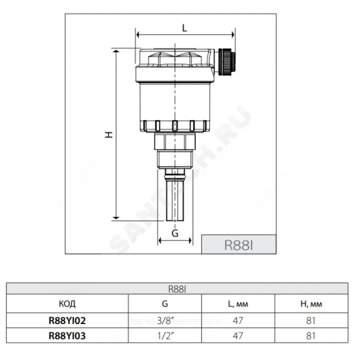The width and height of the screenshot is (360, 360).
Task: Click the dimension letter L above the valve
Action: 185,28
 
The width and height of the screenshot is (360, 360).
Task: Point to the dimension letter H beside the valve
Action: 109,134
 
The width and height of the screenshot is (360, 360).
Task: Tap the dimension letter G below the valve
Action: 175,233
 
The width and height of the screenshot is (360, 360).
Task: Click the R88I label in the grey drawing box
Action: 238,245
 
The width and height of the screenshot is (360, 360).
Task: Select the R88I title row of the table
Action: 177,289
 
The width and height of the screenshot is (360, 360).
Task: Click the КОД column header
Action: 67,304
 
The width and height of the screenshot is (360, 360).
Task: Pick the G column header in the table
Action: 165,304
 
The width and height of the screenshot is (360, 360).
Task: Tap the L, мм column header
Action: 238,304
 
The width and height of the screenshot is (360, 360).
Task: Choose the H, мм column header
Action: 311,304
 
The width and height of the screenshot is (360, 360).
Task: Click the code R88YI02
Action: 67,320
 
